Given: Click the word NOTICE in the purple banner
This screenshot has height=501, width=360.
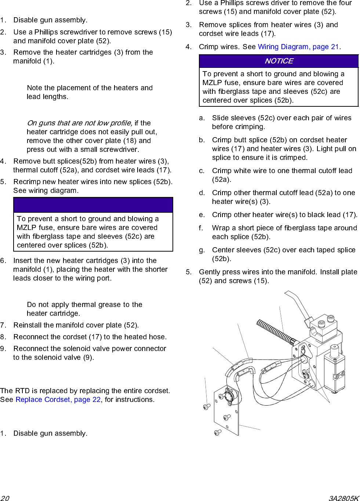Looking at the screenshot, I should pos(279,61).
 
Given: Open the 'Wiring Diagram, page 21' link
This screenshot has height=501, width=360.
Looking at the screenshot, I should pos(298,47).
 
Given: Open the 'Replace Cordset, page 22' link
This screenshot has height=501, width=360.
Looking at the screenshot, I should pos(58,400).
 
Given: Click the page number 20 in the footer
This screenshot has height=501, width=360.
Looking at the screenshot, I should pos(5,498).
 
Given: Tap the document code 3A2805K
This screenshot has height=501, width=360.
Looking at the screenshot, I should pos(343,498).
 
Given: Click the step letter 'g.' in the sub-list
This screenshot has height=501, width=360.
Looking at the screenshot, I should pos(202,250).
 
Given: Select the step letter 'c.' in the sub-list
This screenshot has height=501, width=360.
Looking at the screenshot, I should pos(202,171).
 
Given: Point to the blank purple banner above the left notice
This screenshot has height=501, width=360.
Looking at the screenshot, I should pos(93,205).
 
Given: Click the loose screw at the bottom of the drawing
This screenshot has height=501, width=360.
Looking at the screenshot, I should pos(218,432).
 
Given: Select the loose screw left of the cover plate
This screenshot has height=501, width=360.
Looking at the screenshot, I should pos(207,406).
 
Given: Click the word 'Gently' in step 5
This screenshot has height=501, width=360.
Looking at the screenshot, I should pos(211,272).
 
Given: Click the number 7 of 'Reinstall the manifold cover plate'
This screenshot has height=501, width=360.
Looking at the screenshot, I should pos(3,325).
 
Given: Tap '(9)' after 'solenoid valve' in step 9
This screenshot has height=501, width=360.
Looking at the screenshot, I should pos(88,358).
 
